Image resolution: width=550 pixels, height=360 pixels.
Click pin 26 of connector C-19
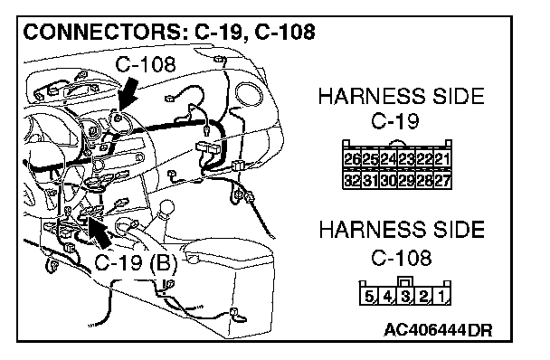pos(353,160)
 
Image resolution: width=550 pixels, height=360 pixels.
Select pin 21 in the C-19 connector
pos(442,160)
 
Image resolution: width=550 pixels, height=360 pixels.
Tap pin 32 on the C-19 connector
pos(353,180)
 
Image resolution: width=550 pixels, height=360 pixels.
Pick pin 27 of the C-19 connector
pos(442,180)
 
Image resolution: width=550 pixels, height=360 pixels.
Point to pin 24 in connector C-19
pos(388,160)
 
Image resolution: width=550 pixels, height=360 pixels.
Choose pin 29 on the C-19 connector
pos(406,180)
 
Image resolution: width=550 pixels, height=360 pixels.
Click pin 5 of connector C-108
pos(369,297)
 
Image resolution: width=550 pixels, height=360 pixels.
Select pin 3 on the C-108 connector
pos(405,297)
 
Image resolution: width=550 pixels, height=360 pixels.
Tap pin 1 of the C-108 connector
pos(441,297)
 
